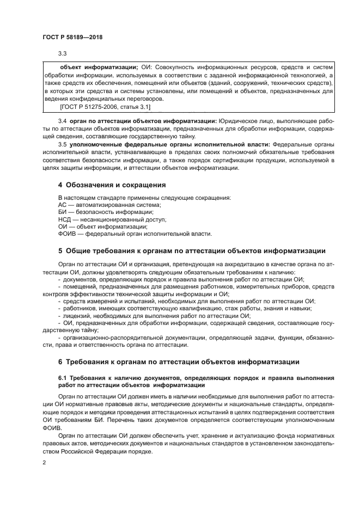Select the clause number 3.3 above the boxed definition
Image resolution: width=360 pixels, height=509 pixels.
[x=63, y=53]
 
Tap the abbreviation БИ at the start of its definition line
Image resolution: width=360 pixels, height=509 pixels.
[x=62, y=212]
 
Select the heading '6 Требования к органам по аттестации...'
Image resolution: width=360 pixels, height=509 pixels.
[x=181, y=362]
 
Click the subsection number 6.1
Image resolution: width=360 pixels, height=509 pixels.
[x=63, y=377]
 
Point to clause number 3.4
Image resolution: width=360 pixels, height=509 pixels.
[x=63, y=120]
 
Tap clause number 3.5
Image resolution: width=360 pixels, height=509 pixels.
[x=63, y=144]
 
